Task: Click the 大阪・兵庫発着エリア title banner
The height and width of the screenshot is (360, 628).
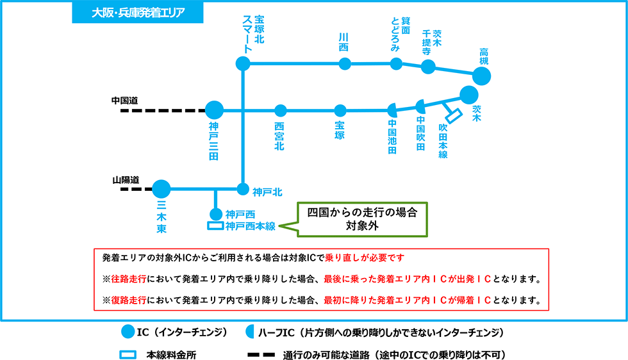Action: click(138, 12)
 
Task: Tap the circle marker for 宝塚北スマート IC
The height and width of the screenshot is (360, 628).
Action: click(242, 63)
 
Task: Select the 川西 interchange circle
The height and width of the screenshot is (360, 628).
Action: click(345, 63)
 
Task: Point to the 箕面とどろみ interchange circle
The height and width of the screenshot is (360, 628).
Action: click(396, 63)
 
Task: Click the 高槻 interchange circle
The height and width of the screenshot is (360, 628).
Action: click(482, 76)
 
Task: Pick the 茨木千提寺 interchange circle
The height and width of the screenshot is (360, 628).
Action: click(428, 67)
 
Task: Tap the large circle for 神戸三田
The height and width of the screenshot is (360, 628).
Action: click(214, 110)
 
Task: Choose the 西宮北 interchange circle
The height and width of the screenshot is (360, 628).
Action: click(280, 110)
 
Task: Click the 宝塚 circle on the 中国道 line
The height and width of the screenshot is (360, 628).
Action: click(340, 110)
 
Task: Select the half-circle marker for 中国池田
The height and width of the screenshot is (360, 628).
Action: click(393, 110)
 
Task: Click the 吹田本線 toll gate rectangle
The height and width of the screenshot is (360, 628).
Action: click(454, 115)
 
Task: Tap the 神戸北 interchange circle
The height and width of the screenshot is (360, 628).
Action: click(242, 189)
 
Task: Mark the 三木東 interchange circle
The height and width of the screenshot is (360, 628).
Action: click(161, 189)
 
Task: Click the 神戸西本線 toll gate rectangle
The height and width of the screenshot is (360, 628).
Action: click(214, 226)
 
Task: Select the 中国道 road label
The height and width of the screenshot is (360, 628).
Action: click(125, 101)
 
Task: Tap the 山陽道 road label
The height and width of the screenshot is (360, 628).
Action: click(125, 180)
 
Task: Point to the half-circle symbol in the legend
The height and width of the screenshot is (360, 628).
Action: click(251, 332)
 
